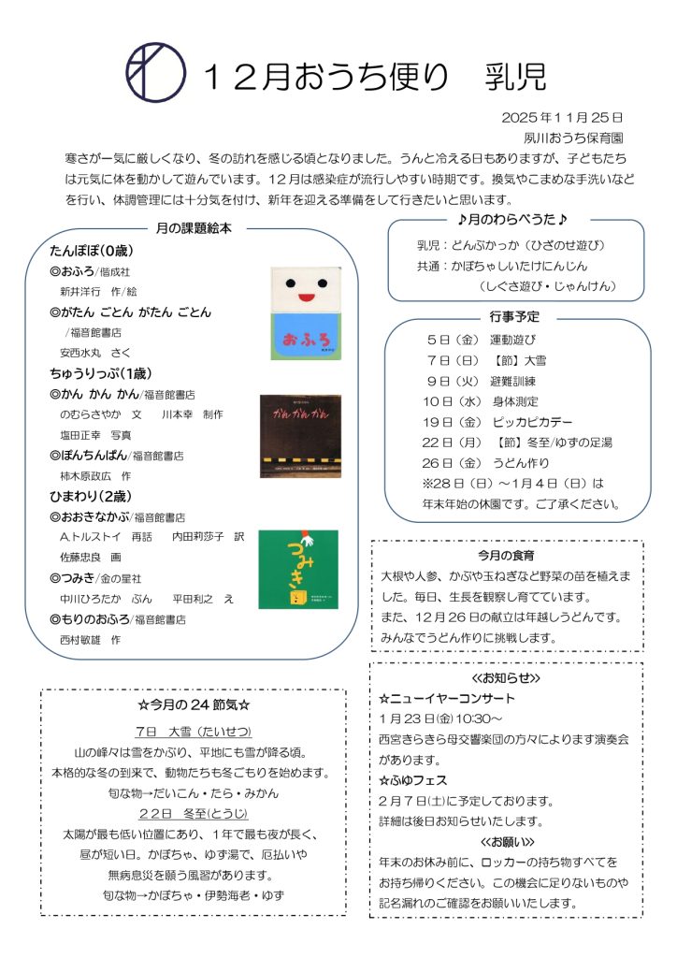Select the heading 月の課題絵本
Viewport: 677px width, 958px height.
[x=192, y=228]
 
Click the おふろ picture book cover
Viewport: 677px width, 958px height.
[x=305, y=313]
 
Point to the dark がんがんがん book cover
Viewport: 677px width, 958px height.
[x=300, y=435]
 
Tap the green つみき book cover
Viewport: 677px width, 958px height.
[x=298, y=569]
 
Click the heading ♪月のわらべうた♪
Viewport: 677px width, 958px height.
[x=513, y=220]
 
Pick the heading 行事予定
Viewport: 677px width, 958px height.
[x=514, y=317]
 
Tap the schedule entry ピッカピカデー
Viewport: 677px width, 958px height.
[x=530, y=421]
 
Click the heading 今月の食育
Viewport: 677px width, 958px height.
[x=506, y=556]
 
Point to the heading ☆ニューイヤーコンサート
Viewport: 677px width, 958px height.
[x=447, y=698]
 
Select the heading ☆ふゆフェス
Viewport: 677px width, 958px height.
[x=413, y=779]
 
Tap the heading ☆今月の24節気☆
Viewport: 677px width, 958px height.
[x=194, y=704]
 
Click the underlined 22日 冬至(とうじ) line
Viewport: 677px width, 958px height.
[x=192, y=812]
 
